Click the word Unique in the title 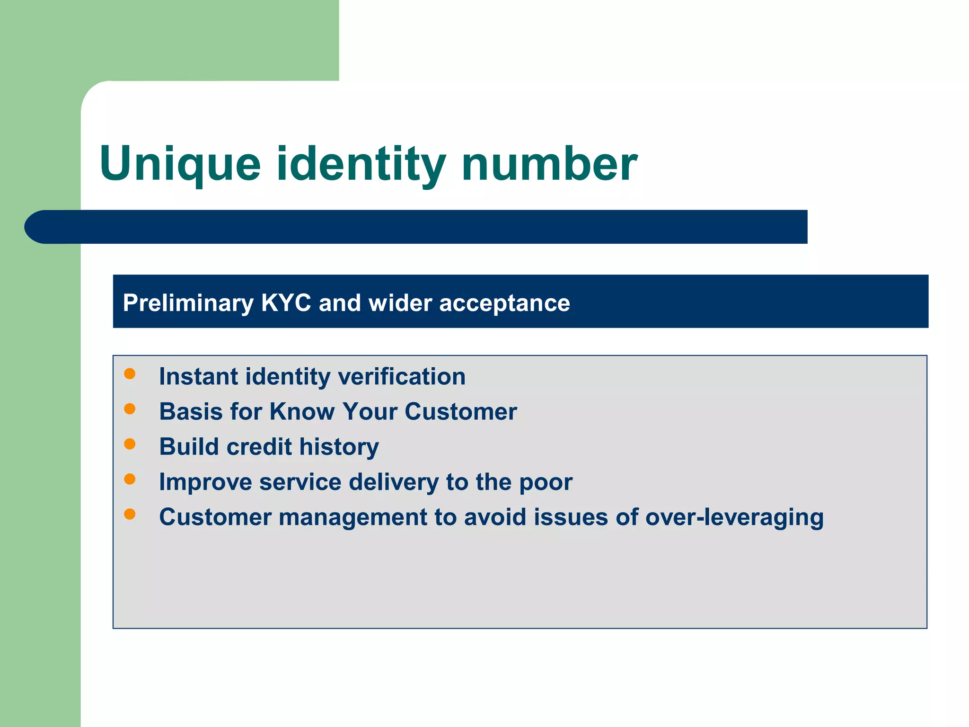[x=180, y=164]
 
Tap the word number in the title [x=549, y=164]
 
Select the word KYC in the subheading [x=286, y=303]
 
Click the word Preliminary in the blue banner [x=188, y=303]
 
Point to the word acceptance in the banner [x=504, y=303]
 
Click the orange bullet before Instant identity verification [x=130, y=374]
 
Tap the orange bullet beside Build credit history [x=130, y=444]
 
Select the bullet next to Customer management [x=130, y=514]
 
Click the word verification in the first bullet [x=402, y=377]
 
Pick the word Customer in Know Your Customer [x=460, y=411]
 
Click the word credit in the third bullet [x=259, y=447]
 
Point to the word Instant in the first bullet [x=198, y=377]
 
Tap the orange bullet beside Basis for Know [x=130, y=409]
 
